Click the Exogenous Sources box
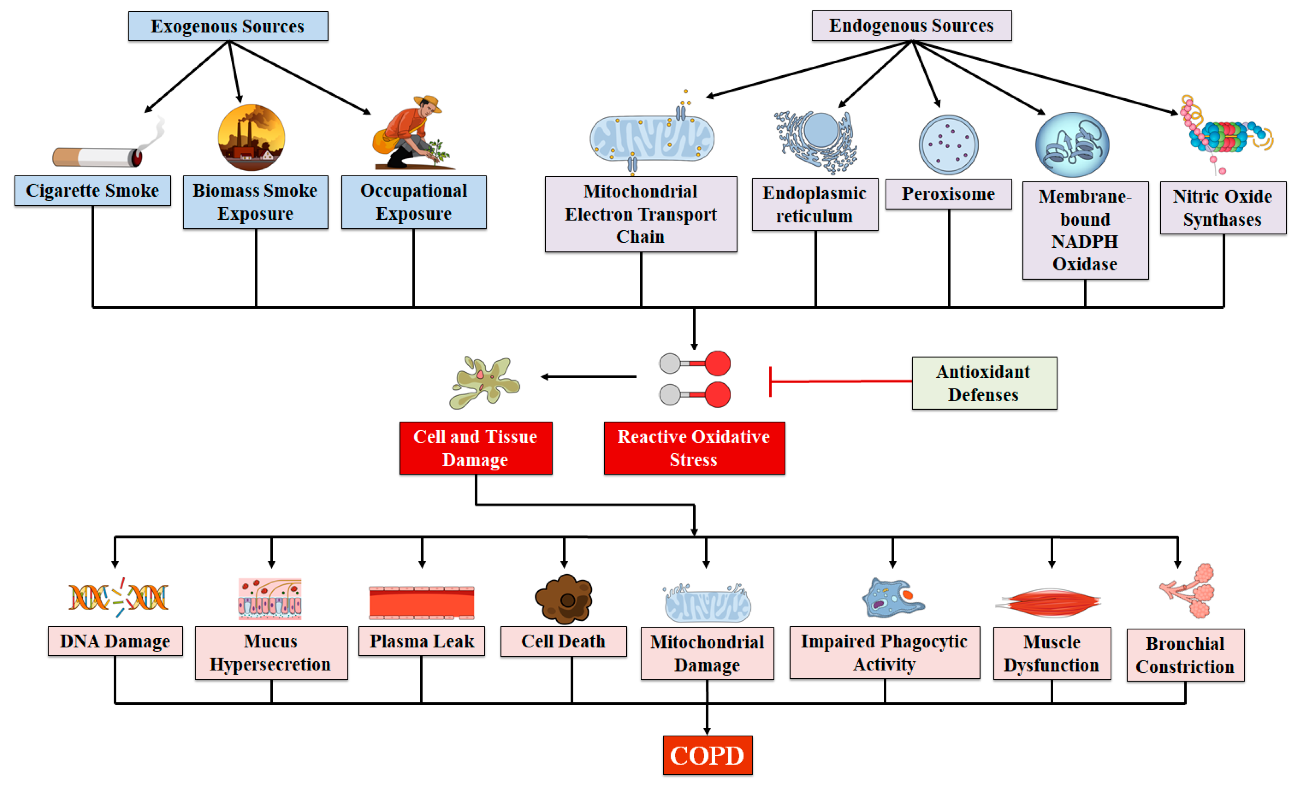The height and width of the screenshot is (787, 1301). pyautogui.click(x=228, y=26)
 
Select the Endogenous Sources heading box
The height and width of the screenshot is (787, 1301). pyautogui.click(x=911, y=25)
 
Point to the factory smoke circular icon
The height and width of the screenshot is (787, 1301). pyautogui.click(x=251, y=137)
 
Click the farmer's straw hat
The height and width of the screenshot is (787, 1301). pyautogui.click(x=428, y=101)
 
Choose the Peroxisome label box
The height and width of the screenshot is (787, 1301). pyautogui.click(x=948, y=194)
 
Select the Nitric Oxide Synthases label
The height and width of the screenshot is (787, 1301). pyautogui.click(x=1223, y=208)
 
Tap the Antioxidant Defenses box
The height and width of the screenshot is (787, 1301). pyautogui.click(x=984, y=383)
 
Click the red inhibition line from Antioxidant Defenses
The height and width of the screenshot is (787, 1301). pyautogui.click(x=841, y=381)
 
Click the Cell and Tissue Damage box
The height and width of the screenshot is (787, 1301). pyautogui.click(x=476, y=448)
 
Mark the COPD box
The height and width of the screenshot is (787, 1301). pyautogui.click(x=708, y=755)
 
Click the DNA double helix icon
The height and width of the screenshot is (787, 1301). pyautogui.click(x=118, y=597)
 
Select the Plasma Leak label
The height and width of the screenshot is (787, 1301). pyautogui.click(x=421, y=641)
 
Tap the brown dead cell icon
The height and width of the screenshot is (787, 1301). pyautogui.click(x=564, y=599)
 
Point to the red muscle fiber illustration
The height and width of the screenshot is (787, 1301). pyautogui.click(x=1048, y=603)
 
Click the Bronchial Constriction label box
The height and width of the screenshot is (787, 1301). pyautogui.click(x=1186, y=655)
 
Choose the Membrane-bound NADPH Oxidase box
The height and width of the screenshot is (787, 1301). pyautogui.click(x=1085, y=230)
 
